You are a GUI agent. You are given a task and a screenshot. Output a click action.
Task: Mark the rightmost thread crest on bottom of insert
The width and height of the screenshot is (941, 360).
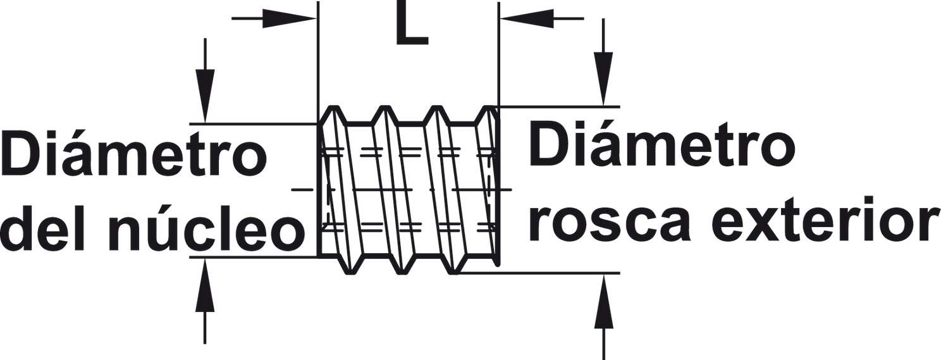pyautogui.click(x=452, y=270)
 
